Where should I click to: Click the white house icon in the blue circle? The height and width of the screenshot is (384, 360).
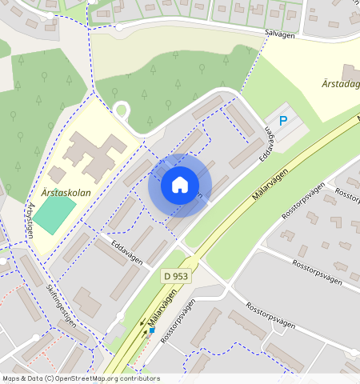click(179, 186)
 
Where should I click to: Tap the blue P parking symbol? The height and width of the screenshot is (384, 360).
click(282, 122)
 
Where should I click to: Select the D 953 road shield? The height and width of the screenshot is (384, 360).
click(177, 276)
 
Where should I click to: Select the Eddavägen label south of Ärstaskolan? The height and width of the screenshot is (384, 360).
click(127, 255)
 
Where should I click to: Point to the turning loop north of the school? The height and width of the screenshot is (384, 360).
click(121, 110)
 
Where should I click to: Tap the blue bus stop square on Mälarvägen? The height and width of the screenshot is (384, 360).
click(152, 330)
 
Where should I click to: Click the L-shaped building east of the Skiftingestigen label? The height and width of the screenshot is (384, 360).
click(86, 302)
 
